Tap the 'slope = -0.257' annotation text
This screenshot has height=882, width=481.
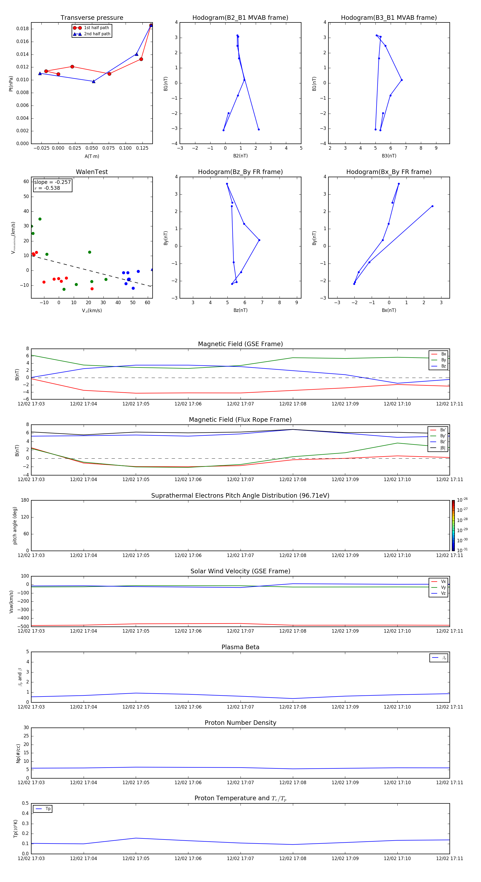(x=52, y=182)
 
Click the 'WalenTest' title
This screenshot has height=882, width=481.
(x=92, y=172)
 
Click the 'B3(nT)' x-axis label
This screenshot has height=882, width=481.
(x=389, y=156)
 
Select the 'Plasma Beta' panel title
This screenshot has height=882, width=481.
(x=240, y=647)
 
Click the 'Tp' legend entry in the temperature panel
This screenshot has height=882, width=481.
(x=48, y=809)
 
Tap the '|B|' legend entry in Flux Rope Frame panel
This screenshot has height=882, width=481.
(x=443, y=448)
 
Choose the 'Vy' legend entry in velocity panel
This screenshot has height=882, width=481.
(x=443, y=587)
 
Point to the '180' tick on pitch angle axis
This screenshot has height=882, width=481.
(x=25, y=500)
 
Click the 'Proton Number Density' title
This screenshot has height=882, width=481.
(x=240, y=723)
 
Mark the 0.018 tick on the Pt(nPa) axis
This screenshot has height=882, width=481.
(x=23, y=29)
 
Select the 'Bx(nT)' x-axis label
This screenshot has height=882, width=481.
(x=389, y=310)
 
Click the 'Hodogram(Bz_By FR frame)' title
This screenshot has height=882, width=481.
(x=240, y=172)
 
